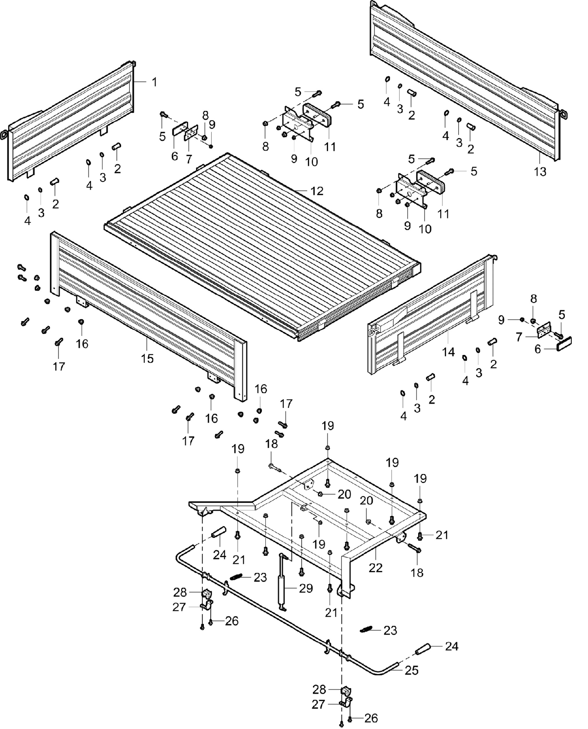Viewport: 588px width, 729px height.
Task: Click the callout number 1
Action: coord(154,82)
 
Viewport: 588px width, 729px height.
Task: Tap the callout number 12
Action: coord(317,191)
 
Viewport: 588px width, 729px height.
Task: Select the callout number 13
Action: coord(540,172)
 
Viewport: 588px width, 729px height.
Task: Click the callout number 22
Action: coord(376,568)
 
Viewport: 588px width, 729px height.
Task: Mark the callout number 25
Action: coord(412,670)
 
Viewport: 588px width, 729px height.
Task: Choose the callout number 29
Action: coord(305,588)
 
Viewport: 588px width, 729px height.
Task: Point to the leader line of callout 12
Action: coord(301,192)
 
